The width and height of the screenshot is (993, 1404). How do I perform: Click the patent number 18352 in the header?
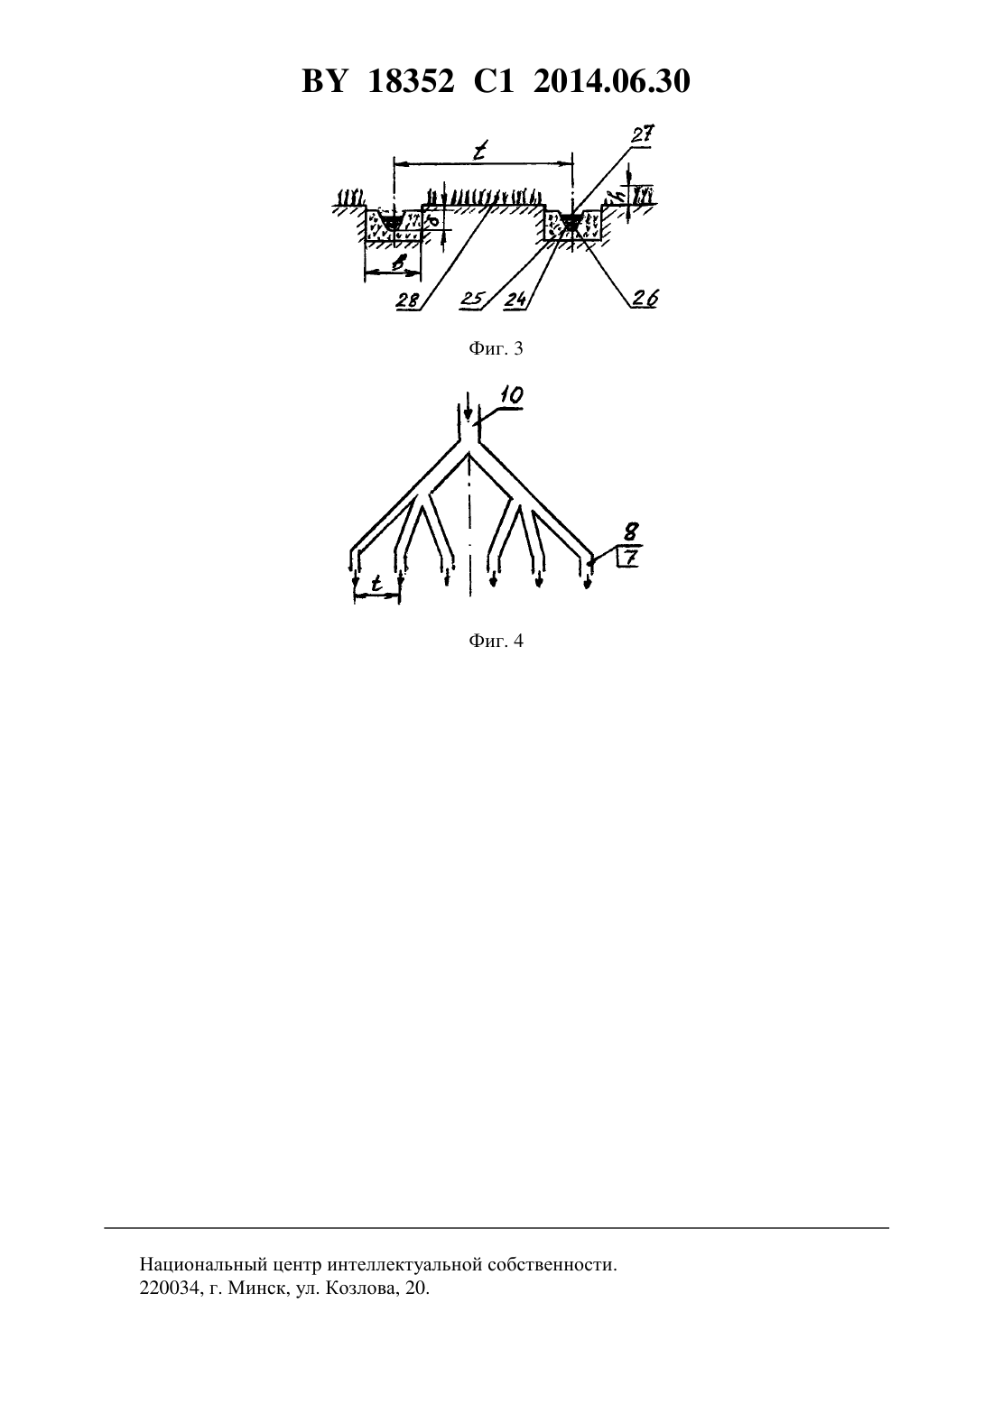tap(410, 81)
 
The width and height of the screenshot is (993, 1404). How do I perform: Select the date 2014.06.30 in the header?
tap(612, 81)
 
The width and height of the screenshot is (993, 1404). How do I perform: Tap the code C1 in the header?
tap(494, 81)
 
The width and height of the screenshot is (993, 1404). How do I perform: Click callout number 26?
tap(645, 299)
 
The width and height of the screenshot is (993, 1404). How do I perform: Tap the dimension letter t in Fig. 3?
tap(479, 151)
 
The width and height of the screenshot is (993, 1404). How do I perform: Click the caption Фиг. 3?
tap(496, 349)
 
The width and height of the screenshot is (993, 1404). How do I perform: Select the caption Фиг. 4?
tap(496, 641)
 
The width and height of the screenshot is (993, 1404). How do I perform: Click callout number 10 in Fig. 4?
tap(512, 395)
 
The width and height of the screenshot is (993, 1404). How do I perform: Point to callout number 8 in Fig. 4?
tap(631, 532)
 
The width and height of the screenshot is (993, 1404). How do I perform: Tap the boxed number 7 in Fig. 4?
tap(629, 558)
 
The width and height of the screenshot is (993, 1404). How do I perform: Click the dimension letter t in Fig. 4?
tap(376, 584)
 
